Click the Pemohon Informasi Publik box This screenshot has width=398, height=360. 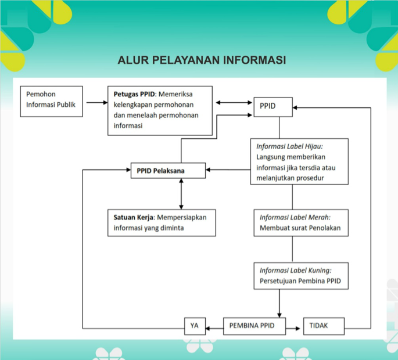51,102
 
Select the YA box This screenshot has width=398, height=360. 195,326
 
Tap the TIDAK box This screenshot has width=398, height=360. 324,326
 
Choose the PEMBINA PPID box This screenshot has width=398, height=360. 254,326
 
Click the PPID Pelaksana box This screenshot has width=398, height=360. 168,171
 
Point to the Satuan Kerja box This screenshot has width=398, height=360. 162,223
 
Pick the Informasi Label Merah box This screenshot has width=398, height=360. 301,223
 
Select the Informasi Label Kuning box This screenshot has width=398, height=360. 301,276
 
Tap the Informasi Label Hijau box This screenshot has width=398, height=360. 299,161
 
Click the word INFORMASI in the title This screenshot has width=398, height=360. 254,60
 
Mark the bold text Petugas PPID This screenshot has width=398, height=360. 134,94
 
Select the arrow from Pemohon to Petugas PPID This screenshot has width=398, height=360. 97,103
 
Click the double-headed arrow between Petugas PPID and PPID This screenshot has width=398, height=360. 234,103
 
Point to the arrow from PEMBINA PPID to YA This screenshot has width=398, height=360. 214,329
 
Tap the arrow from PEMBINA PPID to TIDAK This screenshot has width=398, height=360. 293,329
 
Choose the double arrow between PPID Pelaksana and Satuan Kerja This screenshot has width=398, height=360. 181,194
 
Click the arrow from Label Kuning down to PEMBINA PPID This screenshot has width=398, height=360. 279,304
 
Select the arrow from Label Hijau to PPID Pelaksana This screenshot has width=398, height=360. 228,170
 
